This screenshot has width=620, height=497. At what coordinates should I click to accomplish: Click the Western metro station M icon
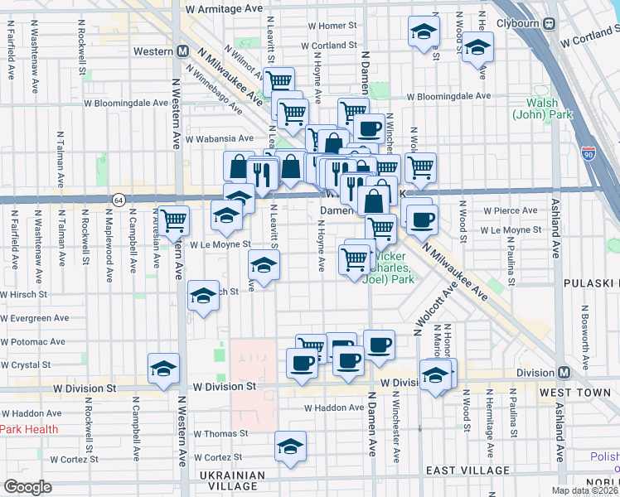[x=182, y=51]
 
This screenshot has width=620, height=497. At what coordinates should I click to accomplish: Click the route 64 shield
[x=119, y=200]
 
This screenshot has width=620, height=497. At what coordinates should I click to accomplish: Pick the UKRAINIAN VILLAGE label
[x=233, y=481]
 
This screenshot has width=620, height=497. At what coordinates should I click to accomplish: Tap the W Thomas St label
[x=220, y=433]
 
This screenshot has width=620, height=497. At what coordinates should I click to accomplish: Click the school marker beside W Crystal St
[x=163, y=368]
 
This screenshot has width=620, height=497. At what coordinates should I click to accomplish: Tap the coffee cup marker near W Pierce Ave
[x=420, y=219]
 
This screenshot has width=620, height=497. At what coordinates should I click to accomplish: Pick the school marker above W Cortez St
[x=290, y=446]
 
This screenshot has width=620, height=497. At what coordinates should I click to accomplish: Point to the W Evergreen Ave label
[x=35, y=318]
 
